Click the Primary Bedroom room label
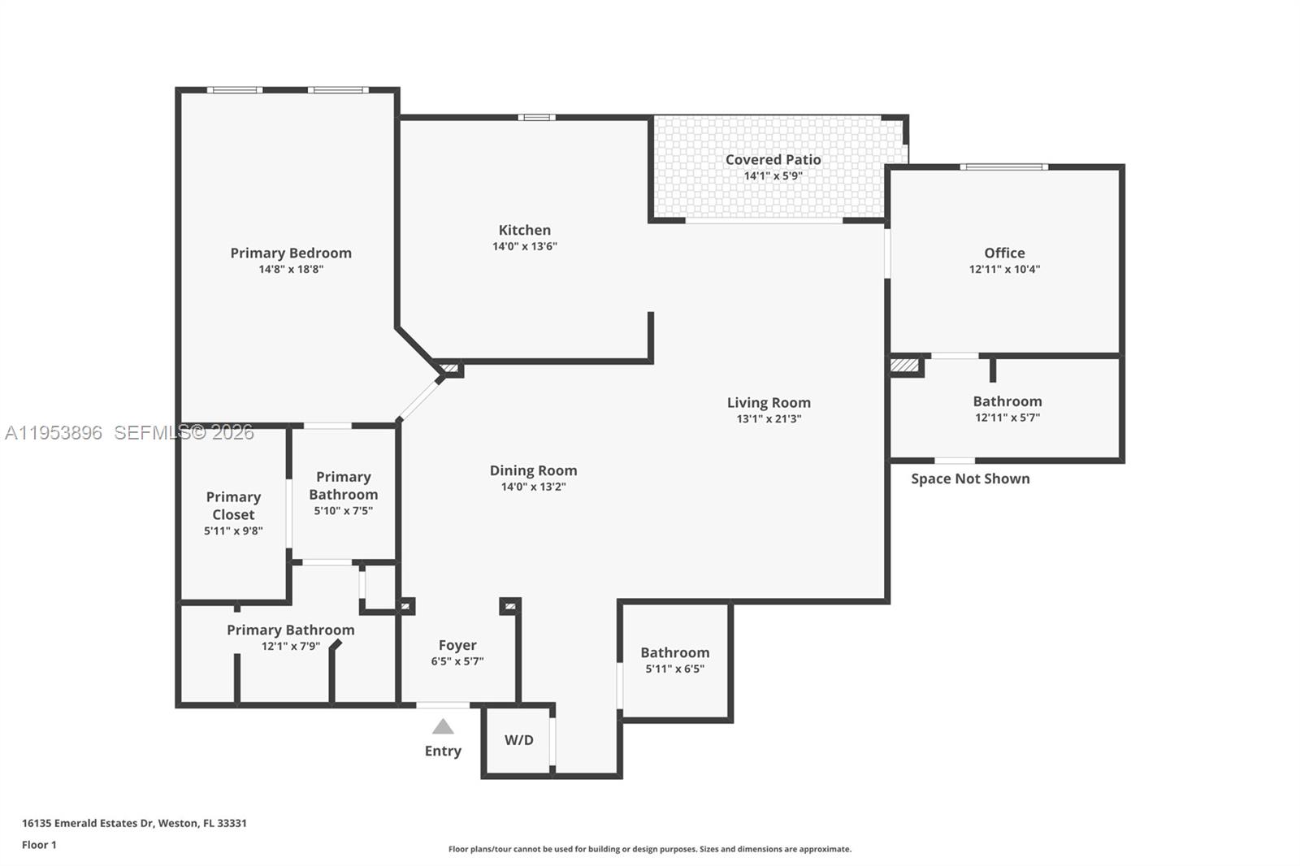click(x=291, y=253)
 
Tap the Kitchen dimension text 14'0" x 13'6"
click(x=525, y=246)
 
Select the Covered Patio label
click(x=773, y=159)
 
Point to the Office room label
click(x=1004, y=253)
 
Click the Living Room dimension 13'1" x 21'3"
click(x=769, y=418)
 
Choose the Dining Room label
click(x=533, y=470)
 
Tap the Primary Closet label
click(x=233, y=505)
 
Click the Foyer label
click(x=457, y=645)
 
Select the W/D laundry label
click(x=519, y=740)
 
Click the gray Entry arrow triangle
click(x=443, y=727)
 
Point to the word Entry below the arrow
click(x=443, y=751)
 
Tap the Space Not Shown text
click(x=970, y=478)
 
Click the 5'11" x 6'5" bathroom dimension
click(x=675, y=669)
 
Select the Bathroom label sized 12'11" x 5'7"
click(x=1007, y=401)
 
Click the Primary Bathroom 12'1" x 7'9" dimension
click(x=291, y=646)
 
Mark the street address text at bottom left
click(x=135, y=823)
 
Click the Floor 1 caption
click(x=40, y=845)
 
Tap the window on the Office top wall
click(x=1004, y=167)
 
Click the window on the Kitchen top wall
click(x=537, y=118)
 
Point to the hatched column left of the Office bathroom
click(x=905, y=365)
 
